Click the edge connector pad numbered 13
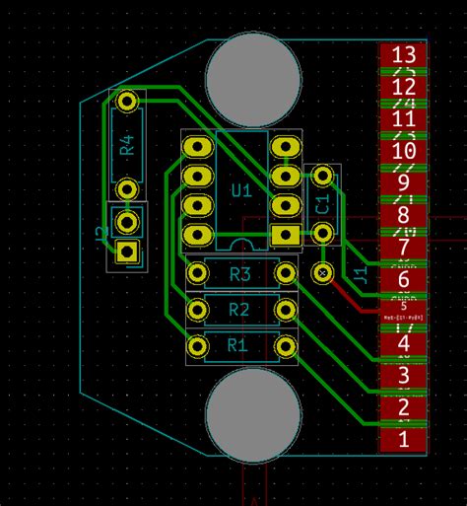tap(403, 55)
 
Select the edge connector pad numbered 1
tap(403, 440)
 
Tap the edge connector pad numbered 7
tap(403, 248)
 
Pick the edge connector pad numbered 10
tap(403, 152)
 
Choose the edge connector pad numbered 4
tap(403, 344)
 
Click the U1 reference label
tap(240, 188)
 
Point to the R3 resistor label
tap(240, 274)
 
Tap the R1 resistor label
tap(237, 346)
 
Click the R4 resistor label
tap(127, 146)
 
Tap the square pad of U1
tap(286, 235)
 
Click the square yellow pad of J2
tap(126, 251)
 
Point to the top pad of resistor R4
tap(126, 101)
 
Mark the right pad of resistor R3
tap(287, 272)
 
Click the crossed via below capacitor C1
tap(322, 271)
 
